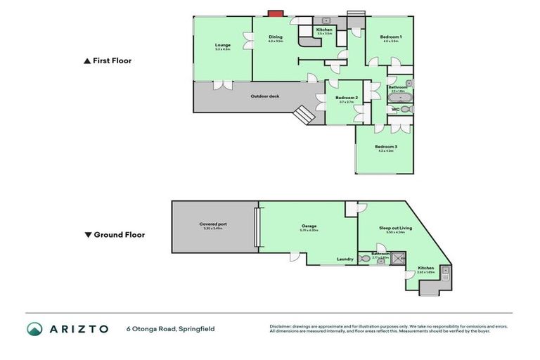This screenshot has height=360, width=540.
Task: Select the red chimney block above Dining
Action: (276, 13)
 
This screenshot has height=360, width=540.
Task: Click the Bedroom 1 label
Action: (390, 38)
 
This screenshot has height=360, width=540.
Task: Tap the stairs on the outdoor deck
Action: (304, 114)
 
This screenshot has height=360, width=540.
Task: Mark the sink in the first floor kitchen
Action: (326, 21)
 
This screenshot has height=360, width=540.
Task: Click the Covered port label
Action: (213, 226)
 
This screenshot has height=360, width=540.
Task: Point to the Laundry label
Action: (345, 259)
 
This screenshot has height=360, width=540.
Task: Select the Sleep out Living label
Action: (392, 229)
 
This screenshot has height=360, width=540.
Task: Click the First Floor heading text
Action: (112, 61)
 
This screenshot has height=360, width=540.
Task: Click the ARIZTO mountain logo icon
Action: (34, 328)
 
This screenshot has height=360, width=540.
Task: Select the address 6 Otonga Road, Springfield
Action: (170, 328)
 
